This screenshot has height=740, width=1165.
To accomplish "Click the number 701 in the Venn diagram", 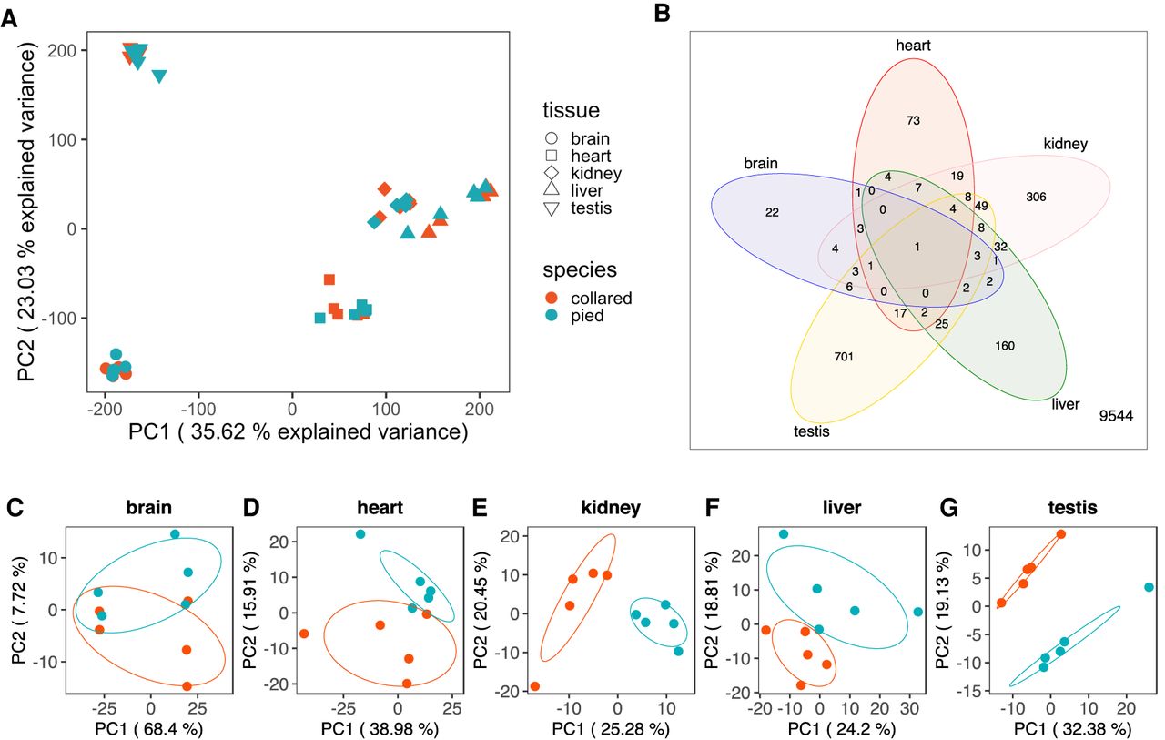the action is click(844, 357).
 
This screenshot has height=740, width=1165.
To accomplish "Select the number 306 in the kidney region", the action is click(1036, 198).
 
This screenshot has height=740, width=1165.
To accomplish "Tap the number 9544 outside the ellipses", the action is click(1116, 415).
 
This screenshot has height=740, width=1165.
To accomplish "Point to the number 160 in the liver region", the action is click(1005, 346).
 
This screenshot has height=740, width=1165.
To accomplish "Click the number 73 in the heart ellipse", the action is click(913, 121).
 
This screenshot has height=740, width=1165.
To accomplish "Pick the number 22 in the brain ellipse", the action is click(772, 212).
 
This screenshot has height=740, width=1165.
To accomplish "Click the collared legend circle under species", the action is click(551, 298).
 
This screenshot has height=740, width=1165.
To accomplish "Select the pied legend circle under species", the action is click(551, 315).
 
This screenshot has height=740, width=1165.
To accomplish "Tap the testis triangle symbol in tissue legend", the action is click(551, 209).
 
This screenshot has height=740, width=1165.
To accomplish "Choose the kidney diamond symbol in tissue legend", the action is click(551, 173).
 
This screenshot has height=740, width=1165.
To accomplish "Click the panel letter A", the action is click(9, 19).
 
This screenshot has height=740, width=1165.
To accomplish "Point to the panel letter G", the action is click(949, 508).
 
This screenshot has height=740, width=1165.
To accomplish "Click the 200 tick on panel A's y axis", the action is click(62, 50).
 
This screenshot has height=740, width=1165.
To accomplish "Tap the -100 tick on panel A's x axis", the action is click(198, 410).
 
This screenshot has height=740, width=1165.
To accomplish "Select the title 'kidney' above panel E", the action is click(611, 507).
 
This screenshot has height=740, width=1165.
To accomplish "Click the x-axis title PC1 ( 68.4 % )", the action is click(149, 728).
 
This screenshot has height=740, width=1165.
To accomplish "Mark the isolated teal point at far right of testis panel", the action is click(1149, 587).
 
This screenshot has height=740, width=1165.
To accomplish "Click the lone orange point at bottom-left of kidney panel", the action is click(534, 686).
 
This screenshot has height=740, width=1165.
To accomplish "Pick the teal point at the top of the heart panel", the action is click(360, 534).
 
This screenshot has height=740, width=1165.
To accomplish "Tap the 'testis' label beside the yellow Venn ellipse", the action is click(811, 431).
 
